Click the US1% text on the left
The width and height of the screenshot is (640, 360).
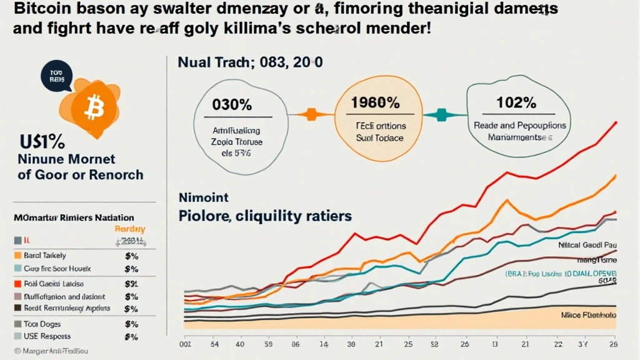41,139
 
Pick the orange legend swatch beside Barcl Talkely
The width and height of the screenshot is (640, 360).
17,255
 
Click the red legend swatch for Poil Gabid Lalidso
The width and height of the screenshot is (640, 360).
17,282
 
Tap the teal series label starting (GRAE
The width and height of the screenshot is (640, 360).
559,274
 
